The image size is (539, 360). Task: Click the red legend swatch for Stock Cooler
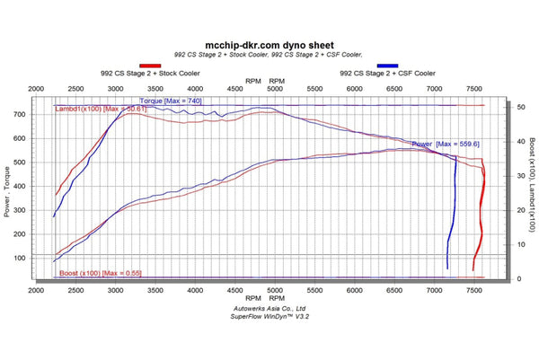pos(150,66)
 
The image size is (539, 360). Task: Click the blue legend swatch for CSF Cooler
pos(388,66)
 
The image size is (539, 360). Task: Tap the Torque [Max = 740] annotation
pos(170,101)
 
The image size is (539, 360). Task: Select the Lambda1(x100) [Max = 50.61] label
pos(100,109)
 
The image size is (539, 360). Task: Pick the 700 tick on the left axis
pos(42,115)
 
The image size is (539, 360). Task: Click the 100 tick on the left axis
pos(42,258)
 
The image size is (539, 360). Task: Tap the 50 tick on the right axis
pos(510,106)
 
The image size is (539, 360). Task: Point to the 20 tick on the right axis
pos(510,210)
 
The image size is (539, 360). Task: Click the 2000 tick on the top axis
pos(37,89)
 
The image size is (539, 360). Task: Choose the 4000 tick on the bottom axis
pos(195,291)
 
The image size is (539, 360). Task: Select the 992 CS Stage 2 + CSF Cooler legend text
pos(388,74)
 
